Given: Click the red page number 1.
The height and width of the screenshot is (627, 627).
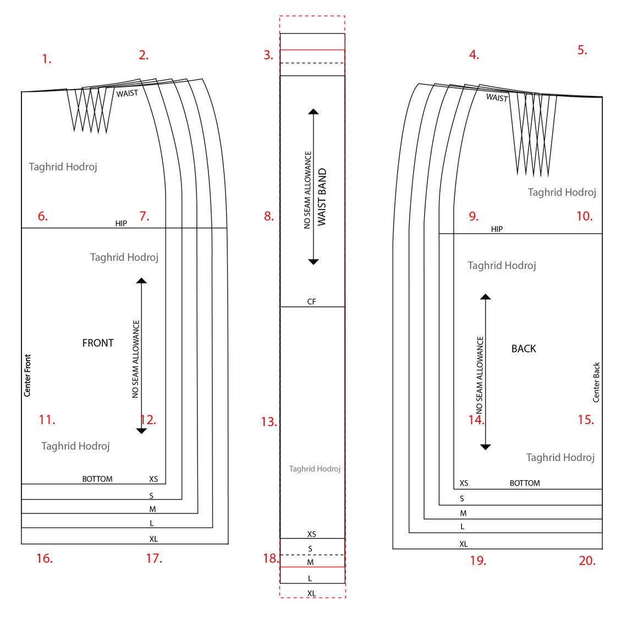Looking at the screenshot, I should (x=47, y=59).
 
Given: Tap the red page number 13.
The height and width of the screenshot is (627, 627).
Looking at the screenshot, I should (x=268, y=422).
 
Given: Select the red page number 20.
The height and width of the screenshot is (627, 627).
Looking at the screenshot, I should (x=587, y=560).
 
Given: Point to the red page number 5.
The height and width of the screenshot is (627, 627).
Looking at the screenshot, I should (x=582, y=50).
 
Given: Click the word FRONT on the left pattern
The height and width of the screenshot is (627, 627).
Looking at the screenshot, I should (x=98, y=343).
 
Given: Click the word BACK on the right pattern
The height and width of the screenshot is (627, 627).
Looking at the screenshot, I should (x=524, y=349).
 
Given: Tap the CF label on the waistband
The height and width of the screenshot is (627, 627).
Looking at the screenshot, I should (x=311, y=301).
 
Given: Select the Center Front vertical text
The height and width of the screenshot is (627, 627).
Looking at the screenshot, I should (x=28, y=375).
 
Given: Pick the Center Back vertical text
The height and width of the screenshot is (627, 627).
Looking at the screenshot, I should (x=596, y=382).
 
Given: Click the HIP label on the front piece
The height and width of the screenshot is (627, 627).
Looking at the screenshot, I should (x=121, y=223).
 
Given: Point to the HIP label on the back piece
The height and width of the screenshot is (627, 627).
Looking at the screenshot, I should (x=497, y=229).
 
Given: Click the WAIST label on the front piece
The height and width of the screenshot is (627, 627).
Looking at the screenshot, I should (x=127, y=94).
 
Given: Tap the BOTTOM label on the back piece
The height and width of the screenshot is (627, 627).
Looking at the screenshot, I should (x=525, y=483).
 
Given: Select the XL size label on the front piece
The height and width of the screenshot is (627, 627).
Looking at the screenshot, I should (x=153, y=539).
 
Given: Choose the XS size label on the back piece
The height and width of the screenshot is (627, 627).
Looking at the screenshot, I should (x=464, y=483).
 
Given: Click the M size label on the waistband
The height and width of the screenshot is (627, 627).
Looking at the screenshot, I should (x=310, y=562).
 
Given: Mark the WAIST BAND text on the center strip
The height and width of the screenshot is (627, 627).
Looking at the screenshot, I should (x=322, y=197).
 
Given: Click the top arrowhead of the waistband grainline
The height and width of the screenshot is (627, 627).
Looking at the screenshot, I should (x=313, y=112).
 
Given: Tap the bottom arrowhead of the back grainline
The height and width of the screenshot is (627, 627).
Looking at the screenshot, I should (x=485, y=447).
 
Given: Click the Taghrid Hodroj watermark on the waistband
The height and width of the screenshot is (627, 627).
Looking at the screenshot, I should (x=315, y=469).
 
